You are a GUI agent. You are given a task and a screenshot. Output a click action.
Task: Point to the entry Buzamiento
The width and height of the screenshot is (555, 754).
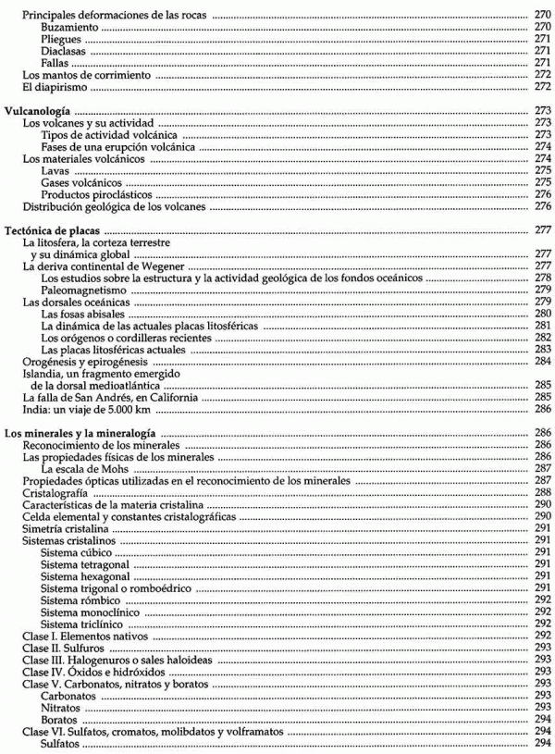click(70, 29)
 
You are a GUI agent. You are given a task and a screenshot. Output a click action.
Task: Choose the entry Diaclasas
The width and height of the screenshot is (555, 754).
click(66, 52)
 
